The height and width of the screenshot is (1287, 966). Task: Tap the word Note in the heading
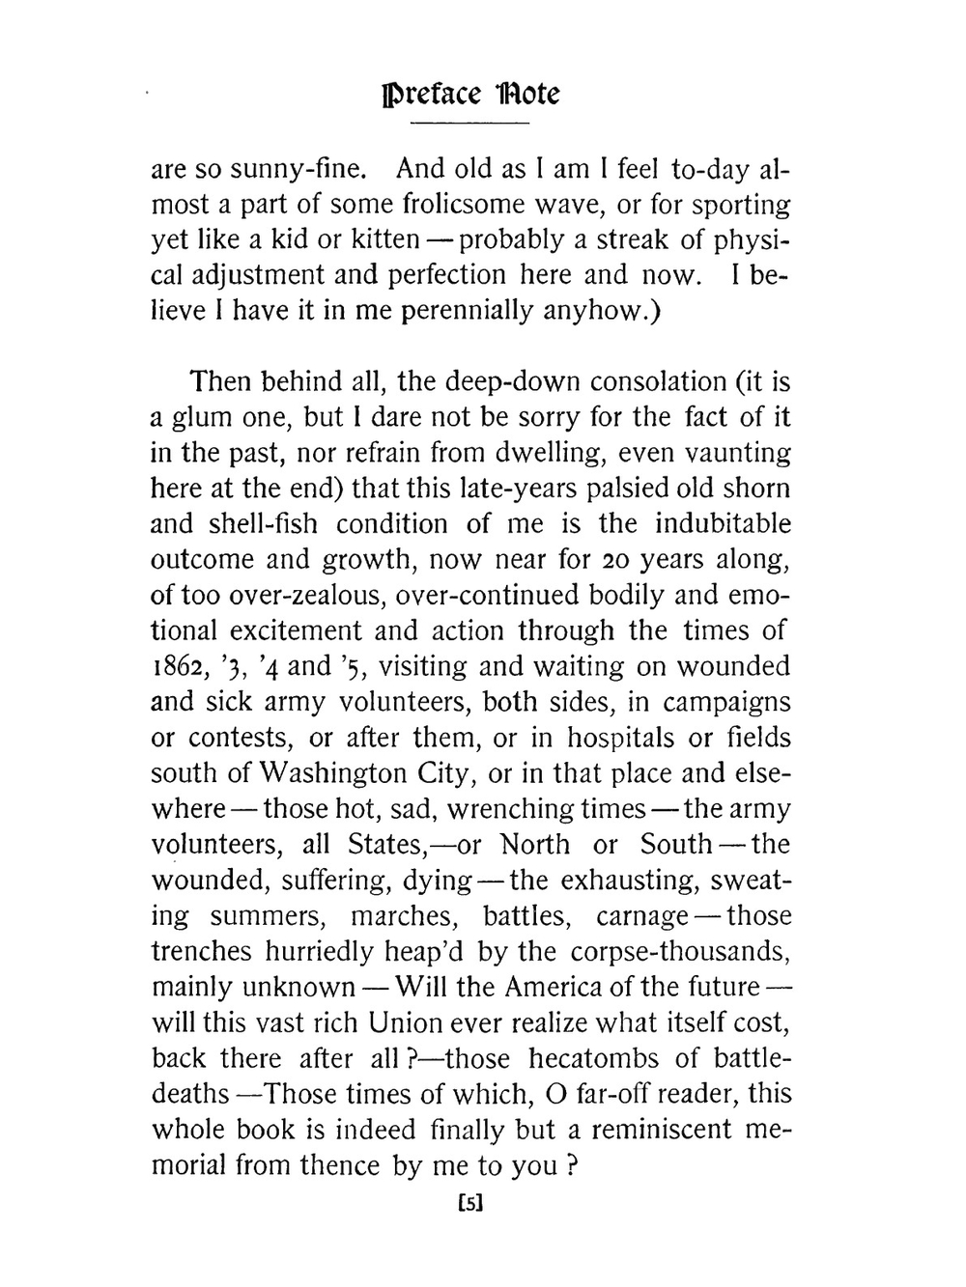coord(526,94)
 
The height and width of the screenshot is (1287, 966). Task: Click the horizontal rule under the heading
coord(470,124)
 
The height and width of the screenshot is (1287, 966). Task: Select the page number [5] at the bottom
coord(469,1203)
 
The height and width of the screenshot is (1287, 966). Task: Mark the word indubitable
coord(723,524)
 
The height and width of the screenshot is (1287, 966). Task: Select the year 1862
coord(182,667)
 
